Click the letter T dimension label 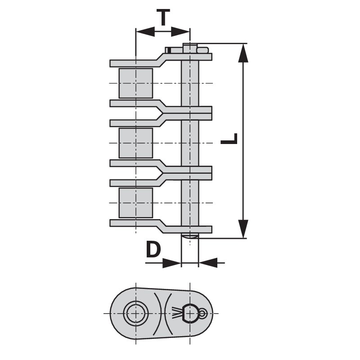(163, 17)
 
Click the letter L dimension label (229, 139)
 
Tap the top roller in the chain (136, 83)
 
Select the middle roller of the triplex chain (136, 143)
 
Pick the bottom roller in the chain (136, 203)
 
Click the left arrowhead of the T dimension (145, 31)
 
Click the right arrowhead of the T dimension (180, 31)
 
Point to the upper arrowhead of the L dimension (243, 53)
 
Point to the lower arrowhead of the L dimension (243, 229)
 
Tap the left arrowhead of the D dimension (172, 263)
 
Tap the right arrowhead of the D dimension (208, 263)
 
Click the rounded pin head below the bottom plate (190, 235)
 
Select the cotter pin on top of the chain (187, 50)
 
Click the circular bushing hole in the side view (136, 313)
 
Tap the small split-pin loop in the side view (203, 313)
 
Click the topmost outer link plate (161, 60)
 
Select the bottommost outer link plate (161, 226)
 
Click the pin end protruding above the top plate (190, 48)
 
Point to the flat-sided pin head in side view (190, 313)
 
